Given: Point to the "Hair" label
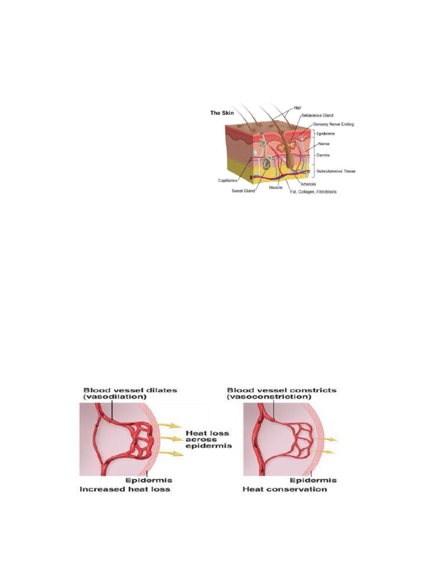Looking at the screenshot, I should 297,107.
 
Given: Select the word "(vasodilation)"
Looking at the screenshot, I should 110,398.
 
